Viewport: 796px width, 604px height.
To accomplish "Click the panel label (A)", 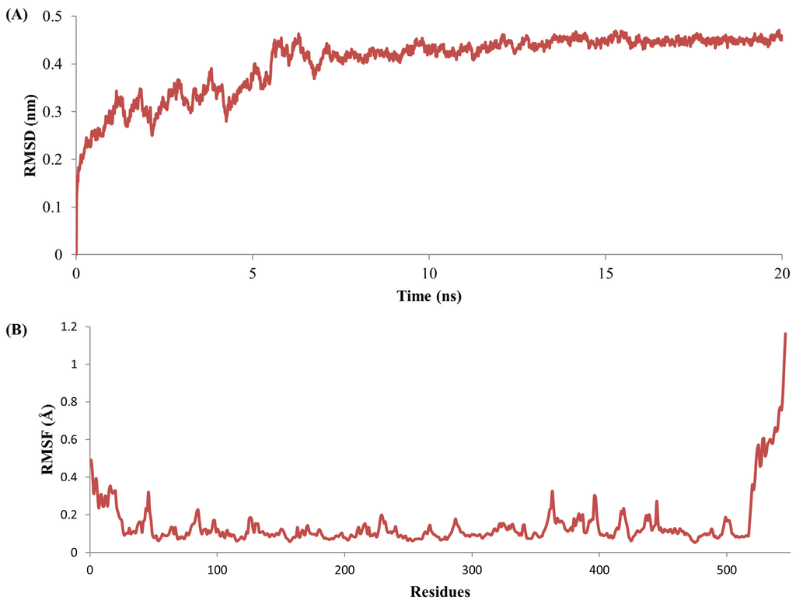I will (x=16, y=15).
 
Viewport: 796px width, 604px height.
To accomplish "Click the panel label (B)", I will (x=16, y=329).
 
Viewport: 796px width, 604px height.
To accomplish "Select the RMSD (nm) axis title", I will (x=31, y=134).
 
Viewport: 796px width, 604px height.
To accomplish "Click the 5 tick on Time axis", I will (x=253, y=274).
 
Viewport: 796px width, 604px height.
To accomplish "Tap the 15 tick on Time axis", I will (x=606, y=274).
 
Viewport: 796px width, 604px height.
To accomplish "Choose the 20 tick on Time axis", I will (x=781, y=274).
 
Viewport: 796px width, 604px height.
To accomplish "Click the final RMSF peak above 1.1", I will (x=785, y=333).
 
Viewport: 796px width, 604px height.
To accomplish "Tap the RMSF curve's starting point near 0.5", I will (x=91, y=460).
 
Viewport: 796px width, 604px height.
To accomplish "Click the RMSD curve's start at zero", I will (x=77, y=253).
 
